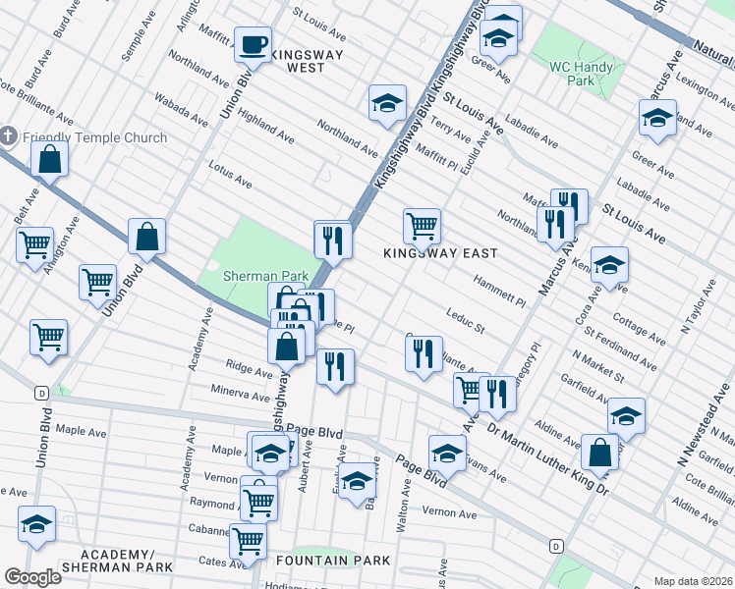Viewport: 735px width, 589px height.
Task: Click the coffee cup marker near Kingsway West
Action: click(254, 44)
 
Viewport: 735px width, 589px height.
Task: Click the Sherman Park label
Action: click(253, 277)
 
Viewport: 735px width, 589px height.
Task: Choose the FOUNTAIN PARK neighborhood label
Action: click(332, 561)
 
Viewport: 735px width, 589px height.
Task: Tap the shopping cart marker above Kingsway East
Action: click(422, 226)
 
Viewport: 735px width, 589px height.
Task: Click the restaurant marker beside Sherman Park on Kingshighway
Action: click(333, 239)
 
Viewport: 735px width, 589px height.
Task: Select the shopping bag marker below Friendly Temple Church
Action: click(49, 158)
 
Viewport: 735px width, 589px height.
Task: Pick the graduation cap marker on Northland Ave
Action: click(387, 102)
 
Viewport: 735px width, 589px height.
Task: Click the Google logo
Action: click(32, 577)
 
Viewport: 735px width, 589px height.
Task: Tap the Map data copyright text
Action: click(693, 581)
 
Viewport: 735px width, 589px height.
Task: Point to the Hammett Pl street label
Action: click(500, 287)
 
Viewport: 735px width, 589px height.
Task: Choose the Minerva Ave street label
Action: click(240, 397)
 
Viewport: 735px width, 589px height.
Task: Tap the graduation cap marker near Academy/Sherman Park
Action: click(36, 522)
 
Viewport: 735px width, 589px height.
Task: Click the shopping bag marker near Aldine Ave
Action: click(599, 452)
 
